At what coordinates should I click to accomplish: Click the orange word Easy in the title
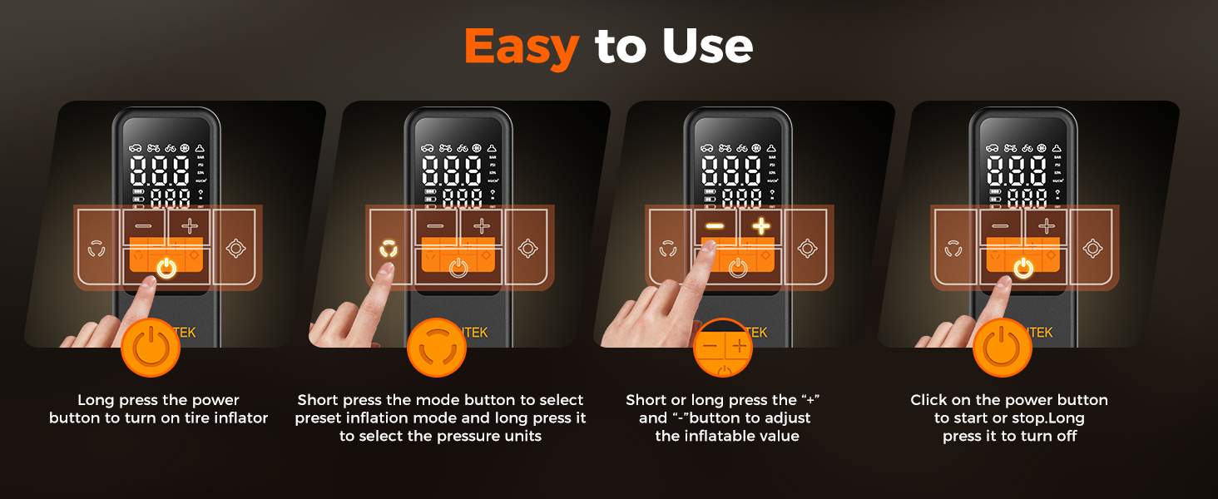(x=521, y=47)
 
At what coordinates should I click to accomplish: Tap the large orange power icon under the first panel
(x=151, y=348)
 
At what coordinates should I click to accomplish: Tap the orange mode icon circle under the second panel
(x=437, y=348)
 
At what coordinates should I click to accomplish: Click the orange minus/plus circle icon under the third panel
(x=723, y=348)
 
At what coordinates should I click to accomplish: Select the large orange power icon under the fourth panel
(x=1003, y=348)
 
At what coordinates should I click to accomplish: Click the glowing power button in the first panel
(x=166, y=268)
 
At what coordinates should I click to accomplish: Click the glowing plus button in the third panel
(x=761, y=225)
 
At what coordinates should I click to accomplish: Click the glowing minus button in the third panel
(x=715, y=225)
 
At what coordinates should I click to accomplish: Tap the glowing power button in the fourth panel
(x=1023, y=268)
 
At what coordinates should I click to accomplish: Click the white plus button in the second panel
(x=482, y=225)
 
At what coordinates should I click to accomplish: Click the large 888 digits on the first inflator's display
(x=159, y=172)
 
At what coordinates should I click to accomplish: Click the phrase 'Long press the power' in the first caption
(x=158, y=400)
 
